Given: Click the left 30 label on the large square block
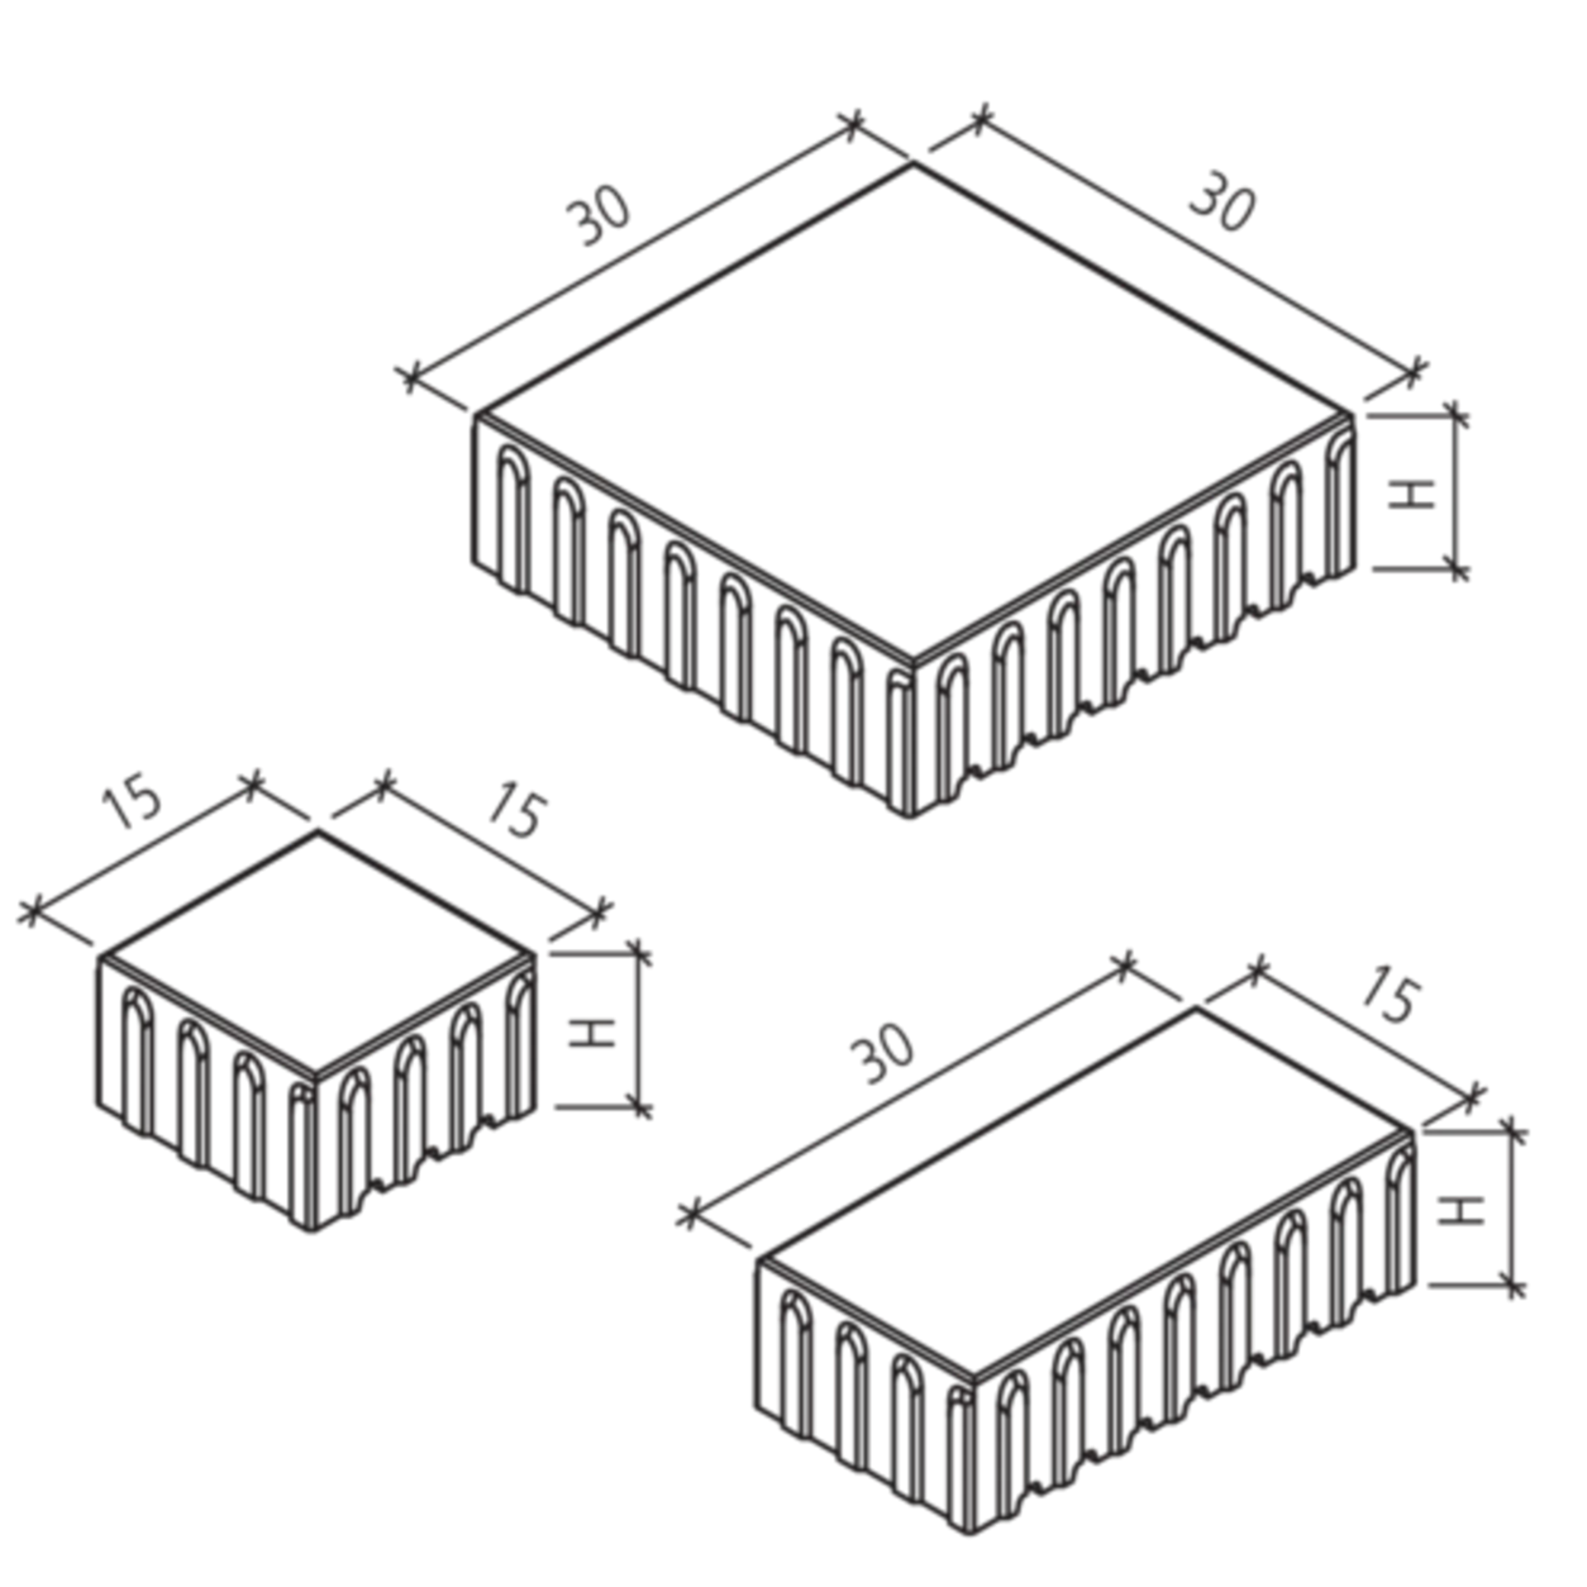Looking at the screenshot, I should pos(601,222).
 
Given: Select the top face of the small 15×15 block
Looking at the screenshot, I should pos(318,942).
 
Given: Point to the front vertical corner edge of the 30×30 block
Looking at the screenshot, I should pos(908,732).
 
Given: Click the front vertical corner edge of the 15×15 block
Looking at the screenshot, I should pos(318,1153).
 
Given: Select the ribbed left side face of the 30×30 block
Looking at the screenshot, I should pos(686,612).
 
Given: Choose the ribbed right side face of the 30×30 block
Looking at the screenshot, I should pos(1132,612).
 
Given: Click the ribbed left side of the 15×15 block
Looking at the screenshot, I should pos(207,1075).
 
